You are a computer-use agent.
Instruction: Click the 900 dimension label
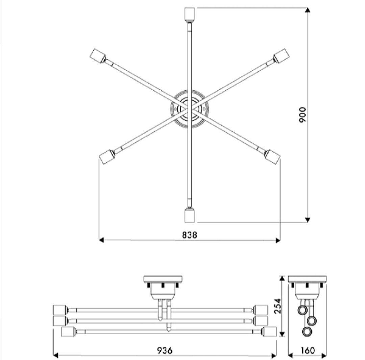[x=302, y=115]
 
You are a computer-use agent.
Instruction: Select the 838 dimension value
[x=190, y=235]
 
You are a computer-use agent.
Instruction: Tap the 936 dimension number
[x=165, y=350]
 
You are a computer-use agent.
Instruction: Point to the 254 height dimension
[x=277, y=306]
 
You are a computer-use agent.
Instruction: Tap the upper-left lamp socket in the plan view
[x=97, y=56]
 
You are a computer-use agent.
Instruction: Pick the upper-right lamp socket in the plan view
[x=281, y=56]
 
